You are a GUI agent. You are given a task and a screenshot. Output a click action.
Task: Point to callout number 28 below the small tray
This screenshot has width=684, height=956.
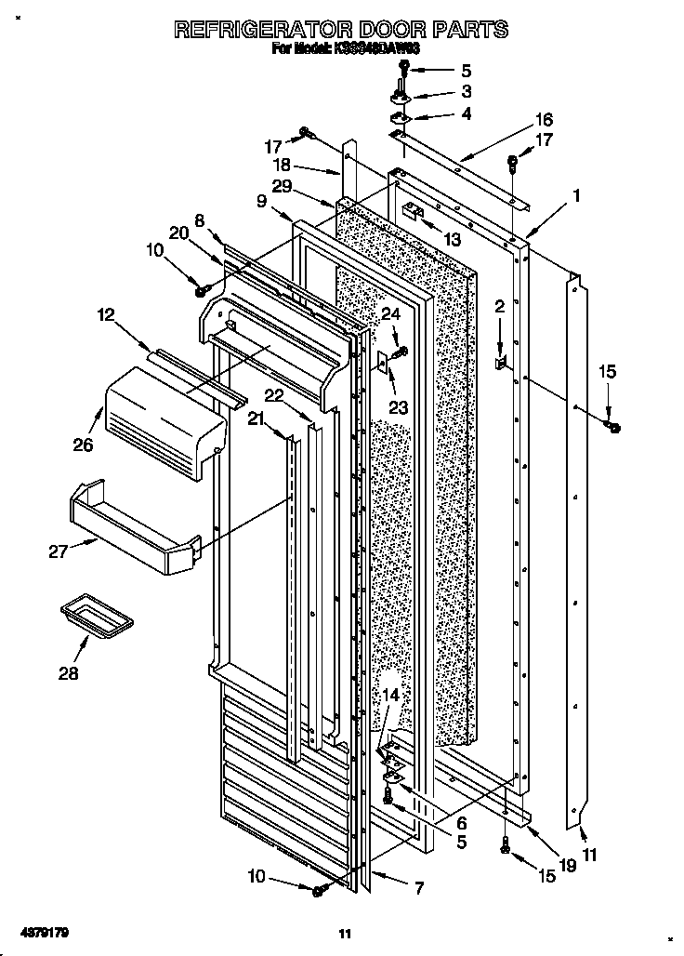click(x=68, y=672)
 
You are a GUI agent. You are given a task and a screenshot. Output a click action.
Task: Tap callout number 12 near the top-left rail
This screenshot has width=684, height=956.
click(x=107, y=315)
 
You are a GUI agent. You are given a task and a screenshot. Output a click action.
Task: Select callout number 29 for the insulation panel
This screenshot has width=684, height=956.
click(x=283, y=187)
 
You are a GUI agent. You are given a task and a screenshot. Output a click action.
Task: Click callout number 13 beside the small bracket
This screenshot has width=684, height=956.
click(x=452, y=239)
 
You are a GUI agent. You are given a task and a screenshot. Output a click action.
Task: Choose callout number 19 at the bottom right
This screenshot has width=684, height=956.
click(x=568, y=865)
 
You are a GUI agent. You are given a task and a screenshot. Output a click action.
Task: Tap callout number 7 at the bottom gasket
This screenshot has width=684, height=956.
click(x=418, y=888)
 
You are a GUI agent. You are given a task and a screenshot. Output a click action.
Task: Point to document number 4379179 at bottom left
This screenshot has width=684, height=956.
click(x=43, y=931)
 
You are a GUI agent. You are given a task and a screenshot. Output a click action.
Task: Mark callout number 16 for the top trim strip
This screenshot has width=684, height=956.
click(x=544, y=119)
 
